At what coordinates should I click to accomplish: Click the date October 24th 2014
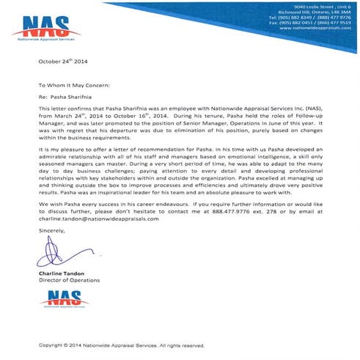(64, 62)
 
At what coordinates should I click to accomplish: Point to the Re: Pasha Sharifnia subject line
(68, 96)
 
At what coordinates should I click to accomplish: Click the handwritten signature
(58, 253)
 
